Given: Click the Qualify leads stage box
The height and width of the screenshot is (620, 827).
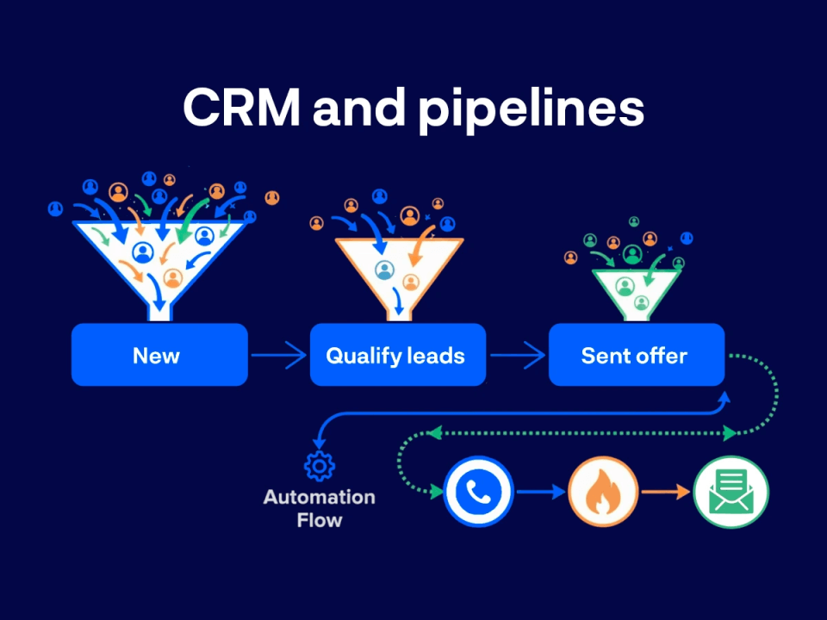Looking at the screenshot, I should coord(397,355).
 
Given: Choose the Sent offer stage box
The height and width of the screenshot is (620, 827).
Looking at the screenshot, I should coord(636,355).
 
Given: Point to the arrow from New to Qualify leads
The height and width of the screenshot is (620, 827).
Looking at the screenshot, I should coord(278,355).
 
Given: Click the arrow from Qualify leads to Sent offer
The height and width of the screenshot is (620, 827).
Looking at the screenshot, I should coord(517,355).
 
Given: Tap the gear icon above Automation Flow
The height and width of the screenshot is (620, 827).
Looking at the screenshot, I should coord(320,466).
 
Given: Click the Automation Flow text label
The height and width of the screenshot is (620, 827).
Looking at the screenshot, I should coord(320,508).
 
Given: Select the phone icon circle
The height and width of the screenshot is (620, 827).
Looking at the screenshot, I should coord(478,492).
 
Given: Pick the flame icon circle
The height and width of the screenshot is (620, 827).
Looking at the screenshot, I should coord(603,492).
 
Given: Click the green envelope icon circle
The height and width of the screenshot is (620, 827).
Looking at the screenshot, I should coord(731,492).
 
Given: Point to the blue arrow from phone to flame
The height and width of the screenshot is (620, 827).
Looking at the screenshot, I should coord(540,492).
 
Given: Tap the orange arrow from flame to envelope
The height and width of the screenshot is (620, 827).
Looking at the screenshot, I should coord(666,492).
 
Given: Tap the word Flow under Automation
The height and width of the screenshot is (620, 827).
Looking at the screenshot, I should coord(320,520).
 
